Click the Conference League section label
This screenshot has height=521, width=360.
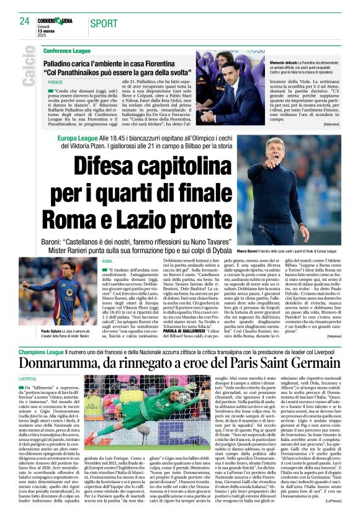pos(67,50)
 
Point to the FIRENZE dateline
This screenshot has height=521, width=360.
pos(55,82)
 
